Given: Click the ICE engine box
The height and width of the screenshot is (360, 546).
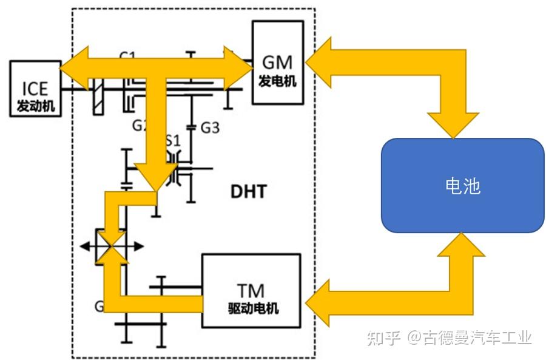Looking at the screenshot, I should tap(35, 89).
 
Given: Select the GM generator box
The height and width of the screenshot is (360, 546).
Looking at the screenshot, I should tap(277, 63).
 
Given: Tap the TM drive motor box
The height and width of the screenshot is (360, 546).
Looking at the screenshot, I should tap(251, 291).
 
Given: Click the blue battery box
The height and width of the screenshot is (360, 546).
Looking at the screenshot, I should tap(462, 185).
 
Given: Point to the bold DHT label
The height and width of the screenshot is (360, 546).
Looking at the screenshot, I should tap(248, 192).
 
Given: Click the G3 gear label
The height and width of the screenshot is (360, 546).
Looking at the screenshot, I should tap(210, 128).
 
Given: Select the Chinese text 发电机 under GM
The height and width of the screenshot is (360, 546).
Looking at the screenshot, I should tap(277, 80).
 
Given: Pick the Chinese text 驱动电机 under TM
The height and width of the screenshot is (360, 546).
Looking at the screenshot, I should tap(251, 308).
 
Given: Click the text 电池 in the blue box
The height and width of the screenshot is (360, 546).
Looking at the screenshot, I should tap(462, 186).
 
